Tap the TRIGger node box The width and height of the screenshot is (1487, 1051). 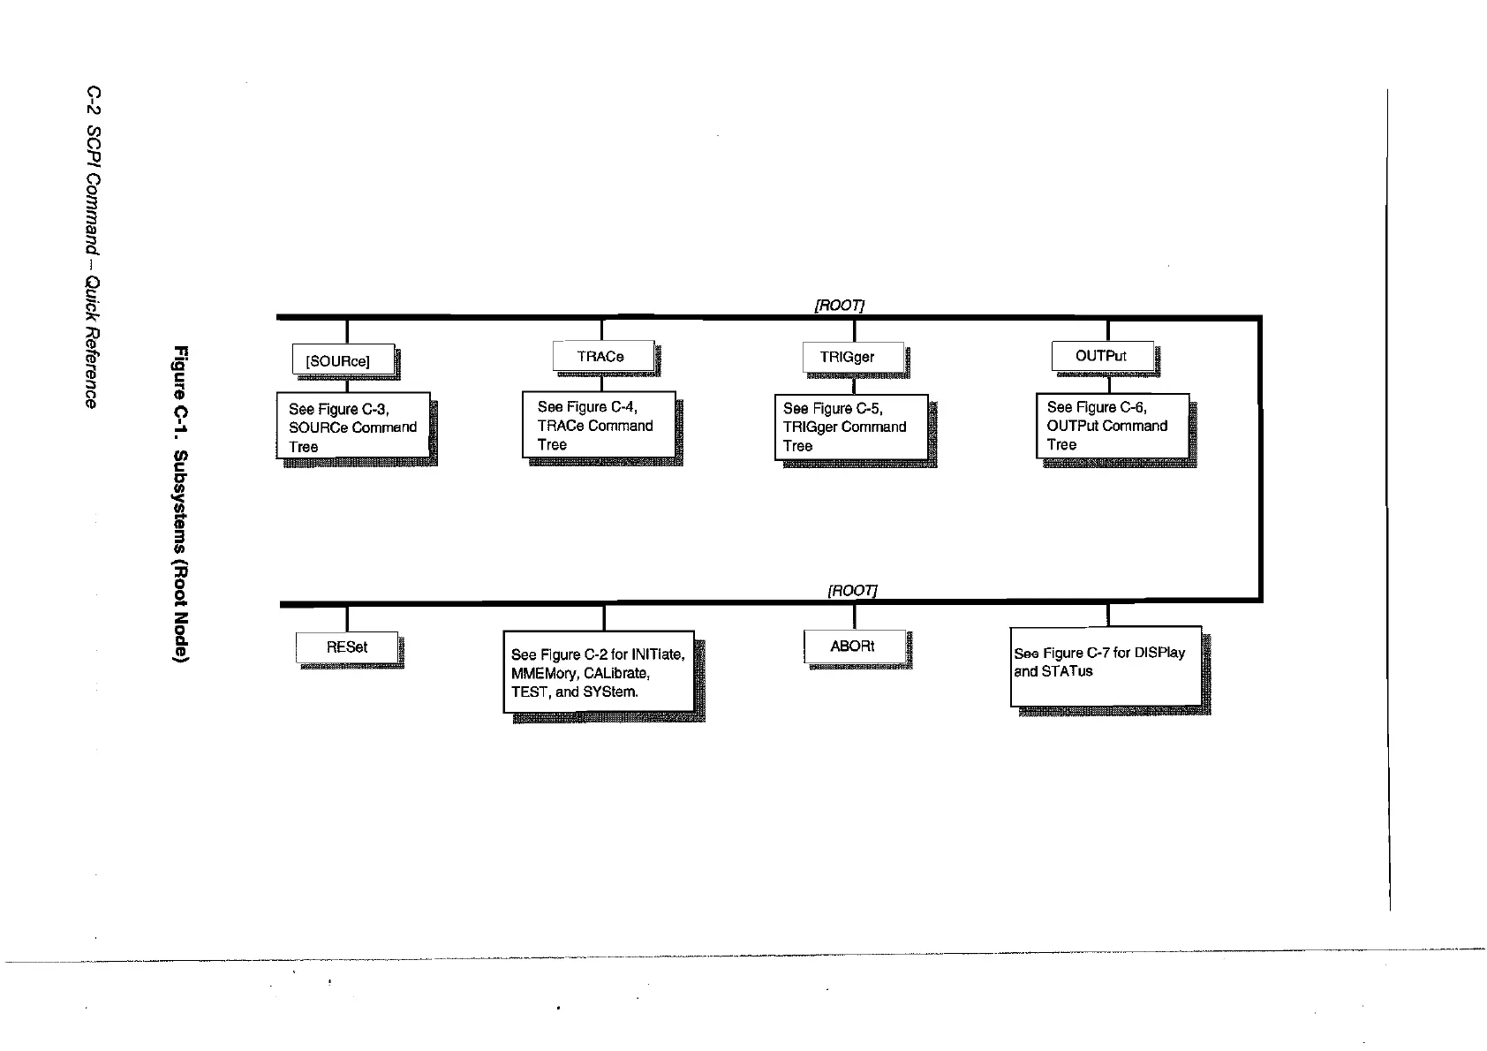click(x=853, y=357)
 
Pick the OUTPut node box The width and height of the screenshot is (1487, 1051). click(x=1102, y=356)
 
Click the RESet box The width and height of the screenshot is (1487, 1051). click(x=347, y=647)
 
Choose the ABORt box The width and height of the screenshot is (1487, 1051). click(x=854, y=646)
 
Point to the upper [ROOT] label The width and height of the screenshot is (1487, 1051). click(x=838, y=305)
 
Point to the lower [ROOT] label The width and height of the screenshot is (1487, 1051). click(x=852, y=590)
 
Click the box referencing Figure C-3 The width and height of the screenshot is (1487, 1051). click(x=353, y=427)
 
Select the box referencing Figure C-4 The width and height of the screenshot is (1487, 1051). click(x=599, y=426)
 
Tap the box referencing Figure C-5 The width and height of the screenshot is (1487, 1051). click(x=850, y=427)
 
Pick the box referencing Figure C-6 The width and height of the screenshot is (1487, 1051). click(x=1112, y=426)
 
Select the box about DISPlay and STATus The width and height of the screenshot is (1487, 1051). click(x=1106, y=666)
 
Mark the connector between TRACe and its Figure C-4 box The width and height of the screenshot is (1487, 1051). click(x=602, y=382)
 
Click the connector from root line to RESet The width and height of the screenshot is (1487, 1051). click(x=347, y=618)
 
